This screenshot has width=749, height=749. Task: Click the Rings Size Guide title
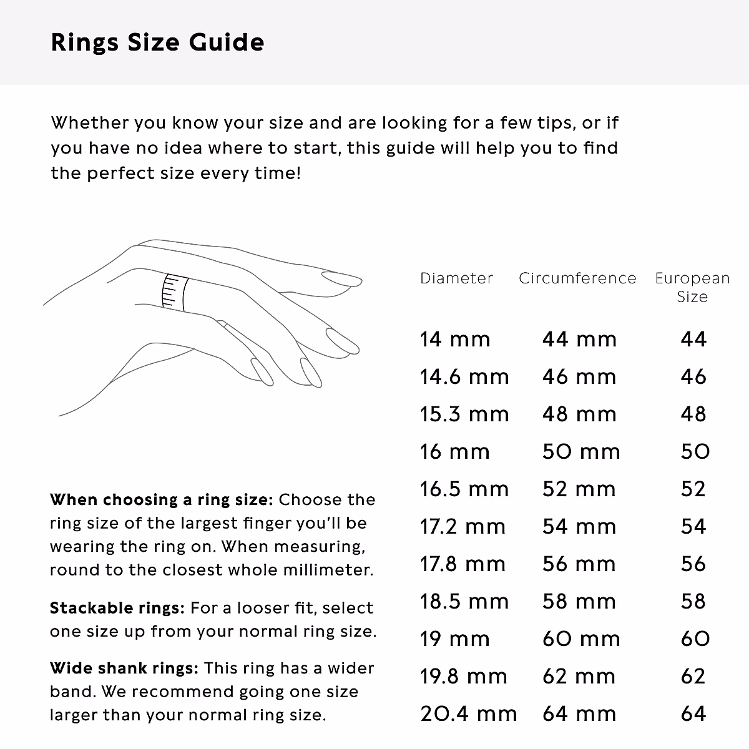click(x=157, y=42)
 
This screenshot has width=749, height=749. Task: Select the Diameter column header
click(x=456, y=278)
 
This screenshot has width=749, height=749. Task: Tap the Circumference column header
click(x=577, y=278)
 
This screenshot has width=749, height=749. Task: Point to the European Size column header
click(x=692, y=287)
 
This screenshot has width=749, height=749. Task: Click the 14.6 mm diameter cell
click(x=464, y=377)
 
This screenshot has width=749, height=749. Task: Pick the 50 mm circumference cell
click(x=581, y=452)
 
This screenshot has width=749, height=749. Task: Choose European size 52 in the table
click(x=693, y=489)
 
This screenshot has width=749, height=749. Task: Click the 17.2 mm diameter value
click(x=463, y=527)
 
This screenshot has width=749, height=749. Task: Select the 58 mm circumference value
click(x=579, y=602)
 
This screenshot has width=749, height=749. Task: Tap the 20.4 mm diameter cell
click(x=468, y=714)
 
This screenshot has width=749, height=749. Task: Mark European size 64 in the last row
click(x=693, y=714)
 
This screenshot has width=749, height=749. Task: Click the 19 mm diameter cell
click(x=454, y=639)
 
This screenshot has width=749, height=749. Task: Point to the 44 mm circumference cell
click(x=579, y=340)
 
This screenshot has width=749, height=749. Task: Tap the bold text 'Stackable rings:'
click(x=117, y=608)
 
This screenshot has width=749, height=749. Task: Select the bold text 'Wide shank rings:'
click(x=124, y=668)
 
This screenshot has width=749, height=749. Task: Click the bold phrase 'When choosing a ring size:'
click(x=161, y=500)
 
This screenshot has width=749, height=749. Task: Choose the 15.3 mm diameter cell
click(x=464, y=414)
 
